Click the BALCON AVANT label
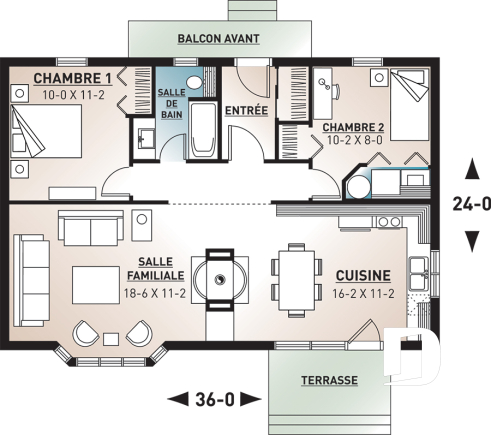click(x=218, y=39)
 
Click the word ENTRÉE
click(x=246, y=110)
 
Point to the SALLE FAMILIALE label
click(x=154, y=266)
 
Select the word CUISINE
click(x=362, y=275)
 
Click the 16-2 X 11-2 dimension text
click(x=362, y=294)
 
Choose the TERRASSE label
click(x=329, y=381)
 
